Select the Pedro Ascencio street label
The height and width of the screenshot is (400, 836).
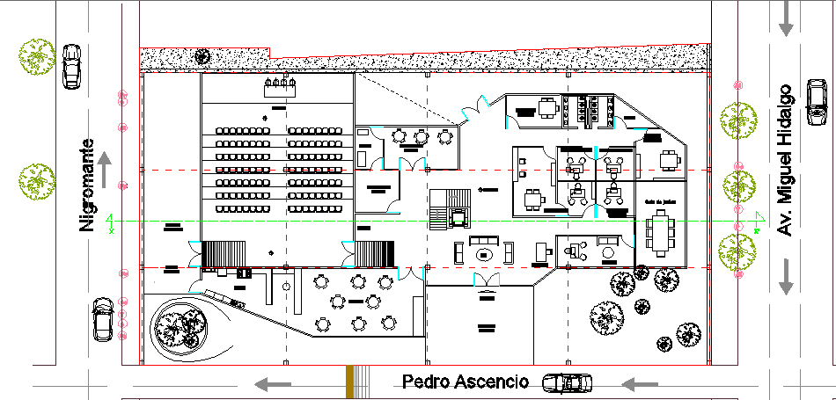pos(466,382)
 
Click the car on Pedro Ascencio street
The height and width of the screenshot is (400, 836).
pos(567,383)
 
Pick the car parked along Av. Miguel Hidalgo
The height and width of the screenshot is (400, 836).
pos(818,98)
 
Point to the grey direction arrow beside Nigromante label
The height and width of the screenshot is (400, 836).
pos(105,169)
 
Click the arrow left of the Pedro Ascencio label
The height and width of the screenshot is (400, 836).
pos(272,383)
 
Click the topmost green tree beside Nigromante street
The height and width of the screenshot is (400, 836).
pos(35,55)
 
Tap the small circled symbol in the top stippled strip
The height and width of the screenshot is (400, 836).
pos(202,56)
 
